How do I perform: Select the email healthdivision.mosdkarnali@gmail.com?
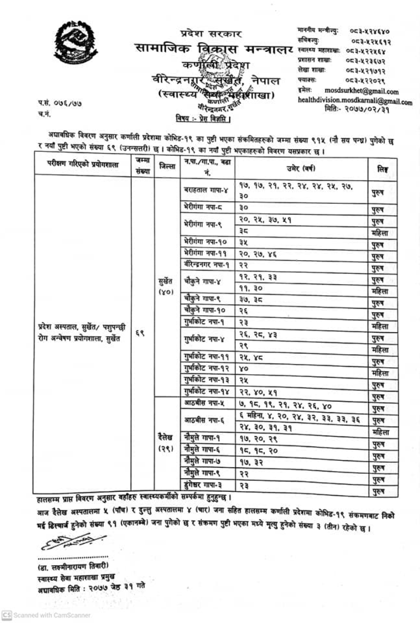[355, 101]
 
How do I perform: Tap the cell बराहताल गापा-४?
[208, 189]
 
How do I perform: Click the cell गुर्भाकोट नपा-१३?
[207, 379]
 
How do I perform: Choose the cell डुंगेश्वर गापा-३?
[207, 484]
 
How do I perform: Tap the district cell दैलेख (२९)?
[166, 443]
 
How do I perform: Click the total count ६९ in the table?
[139, 332]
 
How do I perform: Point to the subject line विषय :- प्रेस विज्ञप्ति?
[202, 118]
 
